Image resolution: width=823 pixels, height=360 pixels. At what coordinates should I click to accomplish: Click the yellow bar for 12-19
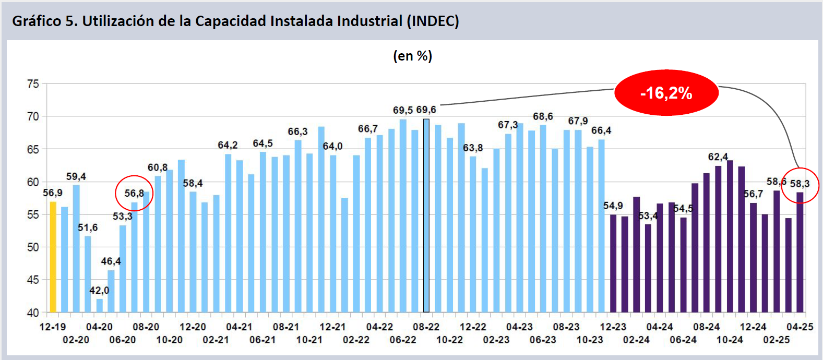pyautogui.click(x=53, y=257)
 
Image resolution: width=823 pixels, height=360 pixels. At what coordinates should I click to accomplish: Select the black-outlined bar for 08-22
pyautogui.click(x=426, y=215)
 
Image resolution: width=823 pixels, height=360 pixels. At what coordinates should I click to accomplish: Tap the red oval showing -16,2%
pyautogui.click(x=666, y=93)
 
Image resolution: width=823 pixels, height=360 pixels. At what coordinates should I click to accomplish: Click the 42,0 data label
pyautogui.click(x=99, y=291)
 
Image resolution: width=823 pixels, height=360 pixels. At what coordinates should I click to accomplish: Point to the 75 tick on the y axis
pyautogui.click(x=33, y=84)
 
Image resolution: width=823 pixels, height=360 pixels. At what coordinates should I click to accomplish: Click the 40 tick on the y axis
pyautogui.click(x=33, y=313)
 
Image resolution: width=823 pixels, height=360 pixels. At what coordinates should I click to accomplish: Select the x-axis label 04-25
pyautogui.click(x=800, y=327)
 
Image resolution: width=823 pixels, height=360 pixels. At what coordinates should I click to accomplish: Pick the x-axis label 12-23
pyautogui.click(x=613, y=327)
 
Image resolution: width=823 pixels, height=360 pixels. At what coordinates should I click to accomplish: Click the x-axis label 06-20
pyautogui.click(x=123, y=340)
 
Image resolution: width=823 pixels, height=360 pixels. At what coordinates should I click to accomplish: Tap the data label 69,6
pyautogui.click(x=426, y=110)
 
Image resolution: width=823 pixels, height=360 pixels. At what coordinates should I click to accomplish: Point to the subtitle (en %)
pyautogui.click(x=412, y=56)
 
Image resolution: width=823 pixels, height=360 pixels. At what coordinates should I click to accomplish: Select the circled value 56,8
pyautogui.click(x=134, y=194)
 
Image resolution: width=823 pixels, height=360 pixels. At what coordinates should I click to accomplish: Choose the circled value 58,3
pyautogui.click(x=800, y=184)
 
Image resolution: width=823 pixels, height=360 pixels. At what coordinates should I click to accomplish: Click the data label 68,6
pyautogui.click(x=543, y=116)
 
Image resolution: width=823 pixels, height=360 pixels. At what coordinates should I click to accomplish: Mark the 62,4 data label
pyautogui.click(x=718, y=157)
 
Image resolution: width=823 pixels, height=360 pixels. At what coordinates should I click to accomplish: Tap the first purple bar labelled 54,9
pyautogui.click(x=613, y=263)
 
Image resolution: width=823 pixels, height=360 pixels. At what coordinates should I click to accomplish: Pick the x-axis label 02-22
pyautogui.click(x=356, y=340)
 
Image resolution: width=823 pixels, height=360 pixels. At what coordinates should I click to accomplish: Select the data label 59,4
pyautogui.click(x=76, y=177)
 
